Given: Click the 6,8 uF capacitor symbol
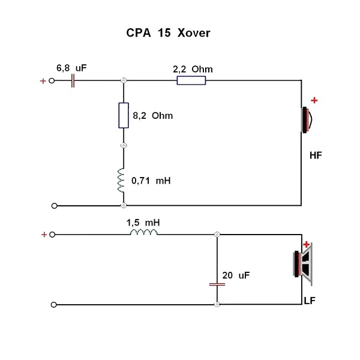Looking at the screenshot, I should click(x=73, y=80).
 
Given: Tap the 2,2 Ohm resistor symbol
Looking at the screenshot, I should click(x=191, y=80).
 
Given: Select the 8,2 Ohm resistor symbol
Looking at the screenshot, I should click(x=124, y=115).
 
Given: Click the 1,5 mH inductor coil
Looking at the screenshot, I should click(x=144, y=233).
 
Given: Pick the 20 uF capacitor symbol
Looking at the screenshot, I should click(x=217, y=283).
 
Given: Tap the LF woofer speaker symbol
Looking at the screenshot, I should click(x=302, y=263).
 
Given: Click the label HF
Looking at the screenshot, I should click(x=316, y=155).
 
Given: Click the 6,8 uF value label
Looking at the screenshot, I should click(x=71, y=68).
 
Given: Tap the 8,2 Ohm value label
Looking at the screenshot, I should click(x=152, y=115).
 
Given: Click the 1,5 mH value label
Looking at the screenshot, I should click(x=142, y=222).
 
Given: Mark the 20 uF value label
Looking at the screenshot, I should click(x=236, y=275).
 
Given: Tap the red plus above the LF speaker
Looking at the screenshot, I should click(x=307, y=244).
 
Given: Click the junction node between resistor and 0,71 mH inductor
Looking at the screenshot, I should click(x=124, y=145).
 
